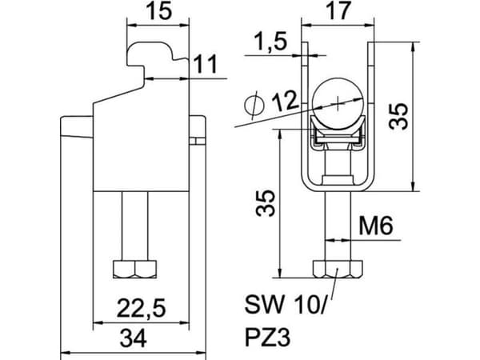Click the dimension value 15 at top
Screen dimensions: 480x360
point(158,11)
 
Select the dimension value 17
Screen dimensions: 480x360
point(338,11)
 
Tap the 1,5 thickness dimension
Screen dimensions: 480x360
point(270,42)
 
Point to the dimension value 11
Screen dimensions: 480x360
point(206,64)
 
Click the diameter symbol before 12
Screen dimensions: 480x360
point(254,106)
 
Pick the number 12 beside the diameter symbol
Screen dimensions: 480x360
point(284,101)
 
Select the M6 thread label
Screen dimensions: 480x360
point(375,226)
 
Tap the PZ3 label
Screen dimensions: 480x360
point(267,338)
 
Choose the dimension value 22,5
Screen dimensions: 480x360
point(142,308)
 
